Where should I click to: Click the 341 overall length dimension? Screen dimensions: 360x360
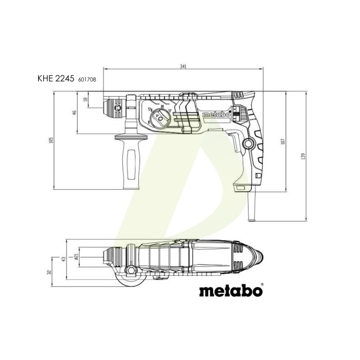click(183, 66)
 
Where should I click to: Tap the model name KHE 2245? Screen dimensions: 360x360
click(56, 79)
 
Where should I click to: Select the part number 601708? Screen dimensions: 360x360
click(87, 79)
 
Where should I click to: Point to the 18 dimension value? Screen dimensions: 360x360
click(86, 99)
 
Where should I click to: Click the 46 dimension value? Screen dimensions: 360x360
click(74, 113)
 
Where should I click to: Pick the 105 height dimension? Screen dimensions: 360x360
click(51, 140)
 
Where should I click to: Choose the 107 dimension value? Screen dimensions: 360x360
click(283, 141)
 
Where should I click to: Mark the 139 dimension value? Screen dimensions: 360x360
click(303, 156)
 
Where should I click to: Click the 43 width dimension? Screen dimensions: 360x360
click(64, 259)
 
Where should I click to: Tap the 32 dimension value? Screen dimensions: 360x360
click(49, 272)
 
